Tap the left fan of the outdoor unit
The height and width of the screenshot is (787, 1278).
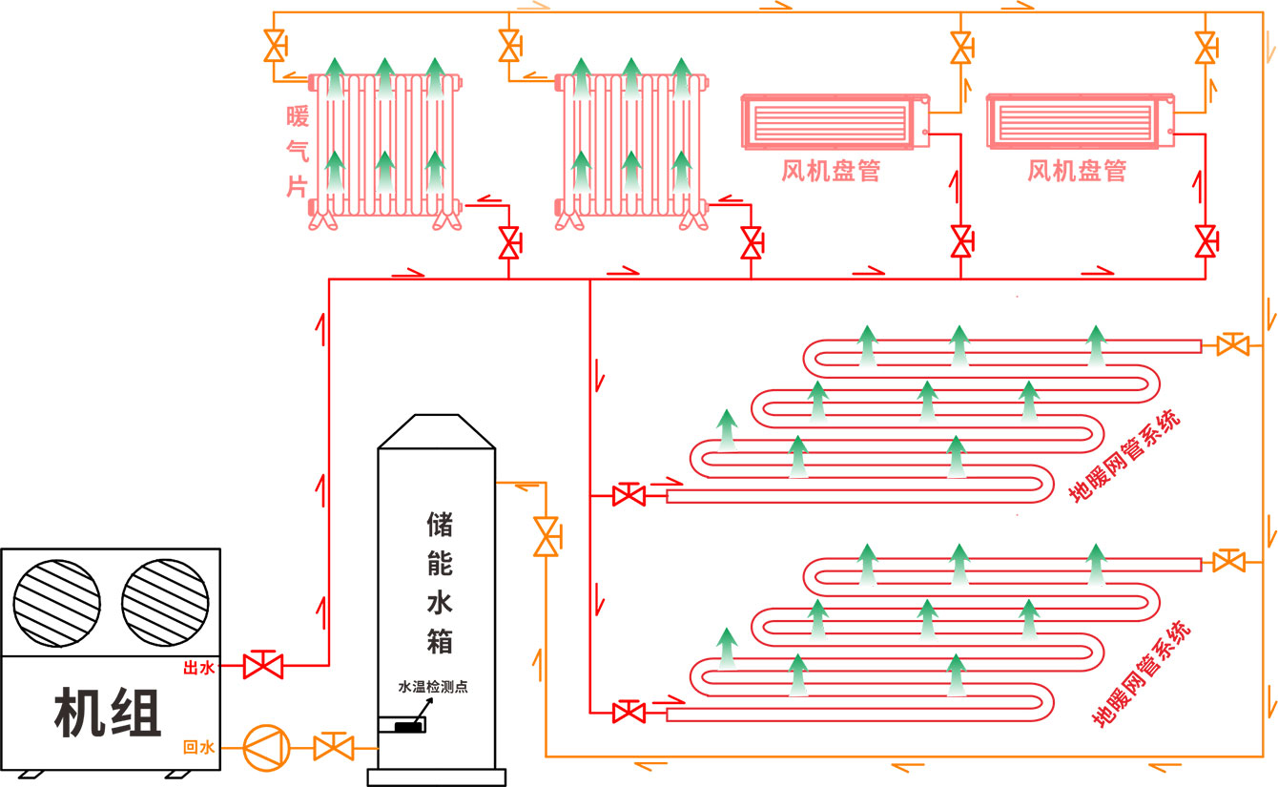(x=56, y=602)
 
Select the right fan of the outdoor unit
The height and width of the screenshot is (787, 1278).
(x=165, y=602)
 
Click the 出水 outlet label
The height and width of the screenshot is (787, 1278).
(x=198, y=669)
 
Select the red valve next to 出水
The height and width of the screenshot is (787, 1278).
(x=261, y=664)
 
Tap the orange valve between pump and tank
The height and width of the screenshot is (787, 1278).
(x=333, y=746)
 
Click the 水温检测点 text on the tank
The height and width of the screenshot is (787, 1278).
(x=433, y=687)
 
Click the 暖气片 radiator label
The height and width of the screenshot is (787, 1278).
(x=298, y=151)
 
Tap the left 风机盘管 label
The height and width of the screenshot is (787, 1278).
(x=831, y=172)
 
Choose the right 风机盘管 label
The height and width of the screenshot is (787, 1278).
(x=1077, y=172)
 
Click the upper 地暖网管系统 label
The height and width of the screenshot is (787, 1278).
(x=1125, y=456)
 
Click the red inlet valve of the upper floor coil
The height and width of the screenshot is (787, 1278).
(x=628, y=495)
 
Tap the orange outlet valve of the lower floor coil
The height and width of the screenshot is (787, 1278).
(x=1228, y=562)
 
